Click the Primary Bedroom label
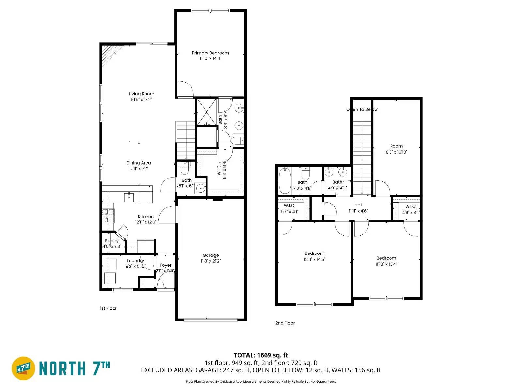(x=210, y=53)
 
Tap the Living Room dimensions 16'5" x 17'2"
(x=141, y=99)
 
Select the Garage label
(x=210, y=255)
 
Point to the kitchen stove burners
(x=108, y=216)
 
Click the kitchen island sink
(x=129, y=197)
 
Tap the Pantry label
(x=112, y=241)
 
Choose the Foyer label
(x=166, y=265)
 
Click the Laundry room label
(x=135, y=261)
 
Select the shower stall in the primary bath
(x=207, y=112)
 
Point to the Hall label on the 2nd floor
(x=358, y=205)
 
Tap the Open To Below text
(x=362, y=109)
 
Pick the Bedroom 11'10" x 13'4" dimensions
(x=386, y=264)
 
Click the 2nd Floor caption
(x=285, y=323)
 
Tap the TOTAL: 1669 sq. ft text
(x=261, y=355)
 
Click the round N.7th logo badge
(x=23, y=368)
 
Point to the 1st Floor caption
(x=108, y=308)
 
